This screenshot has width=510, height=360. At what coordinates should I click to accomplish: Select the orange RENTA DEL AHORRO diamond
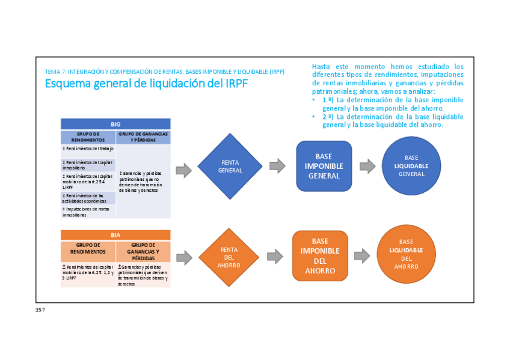[229, 257]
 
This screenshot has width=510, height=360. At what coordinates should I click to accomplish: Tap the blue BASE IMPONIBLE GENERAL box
[324, 166]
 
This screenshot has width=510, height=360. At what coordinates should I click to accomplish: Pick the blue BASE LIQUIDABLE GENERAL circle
[411, 166]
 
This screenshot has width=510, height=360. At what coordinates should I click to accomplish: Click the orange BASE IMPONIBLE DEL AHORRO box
[320, 256]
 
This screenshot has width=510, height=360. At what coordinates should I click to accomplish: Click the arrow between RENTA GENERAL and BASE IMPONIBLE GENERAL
[277, 166]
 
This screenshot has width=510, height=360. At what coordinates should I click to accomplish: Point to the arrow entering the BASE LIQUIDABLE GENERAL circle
[367, 166]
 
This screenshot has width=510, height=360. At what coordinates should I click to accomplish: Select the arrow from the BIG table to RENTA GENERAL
[183, 170]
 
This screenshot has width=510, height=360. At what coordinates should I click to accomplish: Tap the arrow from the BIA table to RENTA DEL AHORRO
[184, 257]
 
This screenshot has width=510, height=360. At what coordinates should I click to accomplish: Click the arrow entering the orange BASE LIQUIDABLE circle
[361, 256]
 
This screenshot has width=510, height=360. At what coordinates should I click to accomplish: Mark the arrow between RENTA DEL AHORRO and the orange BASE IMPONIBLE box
[275, 257]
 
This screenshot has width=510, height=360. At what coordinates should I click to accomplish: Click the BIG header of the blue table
[115, 124]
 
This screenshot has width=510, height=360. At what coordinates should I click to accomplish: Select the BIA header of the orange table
[115, 235]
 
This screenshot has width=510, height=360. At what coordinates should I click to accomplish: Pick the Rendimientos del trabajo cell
[88, 149]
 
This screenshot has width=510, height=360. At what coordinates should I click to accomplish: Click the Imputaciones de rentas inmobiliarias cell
[88, 212]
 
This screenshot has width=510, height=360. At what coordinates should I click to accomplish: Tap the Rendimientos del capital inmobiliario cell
[88, 165]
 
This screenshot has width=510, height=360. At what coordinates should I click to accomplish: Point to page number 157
[40, 310]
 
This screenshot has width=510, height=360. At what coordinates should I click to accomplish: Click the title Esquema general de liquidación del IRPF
[146, 84]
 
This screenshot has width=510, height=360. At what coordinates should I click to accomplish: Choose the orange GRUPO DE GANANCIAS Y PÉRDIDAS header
[143, 251]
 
